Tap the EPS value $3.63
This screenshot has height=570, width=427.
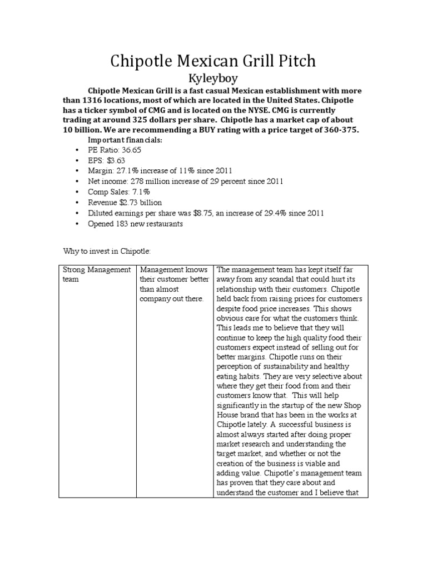[113, 160]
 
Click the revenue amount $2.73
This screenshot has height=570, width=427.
[128, 203]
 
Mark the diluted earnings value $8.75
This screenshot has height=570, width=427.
[209, 213]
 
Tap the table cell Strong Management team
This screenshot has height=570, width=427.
[96, 274]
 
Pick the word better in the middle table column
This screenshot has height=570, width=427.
[198, 279]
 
